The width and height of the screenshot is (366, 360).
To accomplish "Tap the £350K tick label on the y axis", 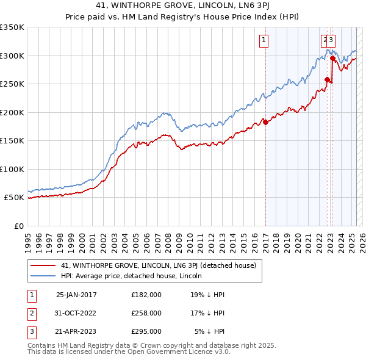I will [12, 27].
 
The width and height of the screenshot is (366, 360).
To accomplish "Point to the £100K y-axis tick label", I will [12, 169].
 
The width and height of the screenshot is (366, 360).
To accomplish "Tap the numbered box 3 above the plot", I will [331, 41].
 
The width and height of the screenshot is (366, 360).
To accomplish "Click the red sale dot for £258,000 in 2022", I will [328, 79].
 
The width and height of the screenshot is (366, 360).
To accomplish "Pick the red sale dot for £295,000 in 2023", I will [332, 59].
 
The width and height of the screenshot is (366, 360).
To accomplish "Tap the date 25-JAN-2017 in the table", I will [76, 295].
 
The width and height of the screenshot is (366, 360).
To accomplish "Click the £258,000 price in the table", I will [146, 313].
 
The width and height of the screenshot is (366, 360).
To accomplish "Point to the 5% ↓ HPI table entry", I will [209, 331].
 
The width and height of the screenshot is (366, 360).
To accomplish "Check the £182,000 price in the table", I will [146, 295].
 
